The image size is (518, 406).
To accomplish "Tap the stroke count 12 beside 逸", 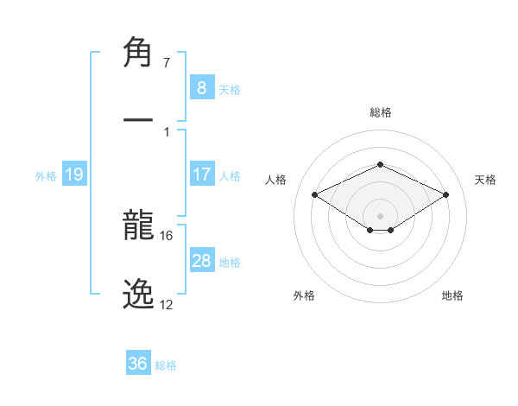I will (x=166, y=304).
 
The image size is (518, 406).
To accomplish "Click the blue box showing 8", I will (x=201, y=87).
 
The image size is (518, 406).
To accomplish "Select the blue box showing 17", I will (x=201, y=174).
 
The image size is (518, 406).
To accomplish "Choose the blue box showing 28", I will (x=201, y=261).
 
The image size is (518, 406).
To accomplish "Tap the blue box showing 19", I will (x=73, y=174).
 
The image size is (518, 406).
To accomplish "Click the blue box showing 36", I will (x=137, y=364).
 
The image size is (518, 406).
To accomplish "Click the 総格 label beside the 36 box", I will (x=166, y=365).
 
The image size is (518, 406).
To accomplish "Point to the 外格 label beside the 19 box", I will (x=46, y=175).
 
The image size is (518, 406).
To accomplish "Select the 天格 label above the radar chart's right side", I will (x=485, y=180).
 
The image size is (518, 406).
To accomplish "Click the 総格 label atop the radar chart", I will (x=380, y=112).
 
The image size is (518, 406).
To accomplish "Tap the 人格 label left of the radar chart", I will (x=276, y=180).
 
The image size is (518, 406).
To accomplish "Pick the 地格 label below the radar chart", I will (x=452, y=295).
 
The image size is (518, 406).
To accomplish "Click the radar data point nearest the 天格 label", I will (x=445, y=194).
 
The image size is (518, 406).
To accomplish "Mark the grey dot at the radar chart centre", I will (x=380, y=215).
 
